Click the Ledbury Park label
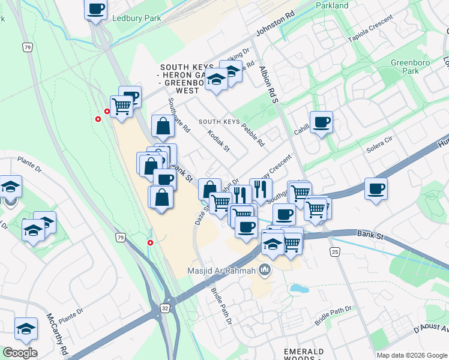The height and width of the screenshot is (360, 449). pos(136,19)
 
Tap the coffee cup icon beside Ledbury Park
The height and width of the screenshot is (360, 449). pos(96,10)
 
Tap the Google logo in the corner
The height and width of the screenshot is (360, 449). pos(20,353)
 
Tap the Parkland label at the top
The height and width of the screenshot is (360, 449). pos(332,5)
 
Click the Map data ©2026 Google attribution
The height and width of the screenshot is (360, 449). pos(412,355)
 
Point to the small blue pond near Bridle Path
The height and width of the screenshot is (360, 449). pos(298,289)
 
